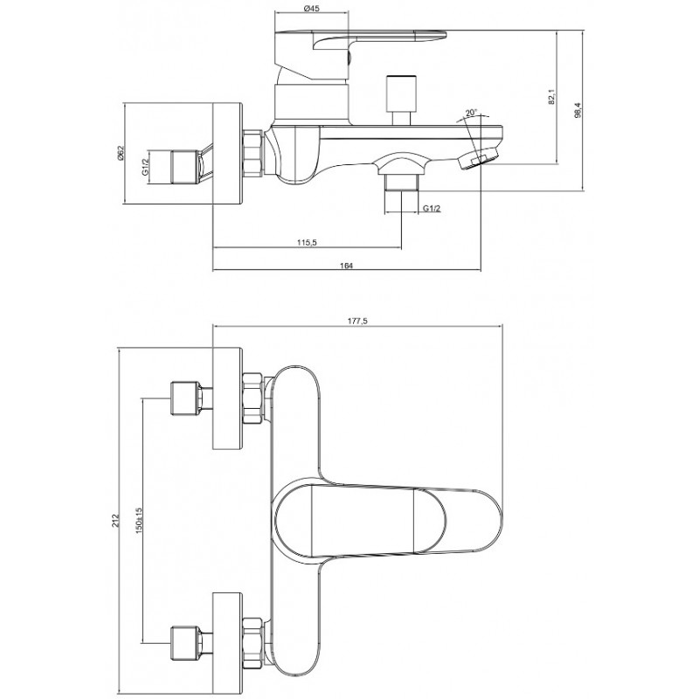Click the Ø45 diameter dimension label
311,9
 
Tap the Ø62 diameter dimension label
120,154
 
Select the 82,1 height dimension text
552,97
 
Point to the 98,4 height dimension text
578,110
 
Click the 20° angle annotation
471,113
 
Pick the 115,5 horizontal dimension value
307,242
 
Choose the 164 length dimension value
346,266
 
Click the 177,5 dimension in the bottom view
357,322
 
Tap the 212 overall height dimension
115,521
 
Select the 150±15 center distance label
139,521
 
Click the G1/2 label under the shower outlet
432,208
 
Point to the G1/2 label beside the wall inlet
145,167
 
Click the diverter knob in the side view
402,100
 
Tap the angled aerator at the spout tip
478,159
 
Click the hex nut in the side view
253,152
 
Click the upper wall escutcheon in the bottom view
228,398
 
